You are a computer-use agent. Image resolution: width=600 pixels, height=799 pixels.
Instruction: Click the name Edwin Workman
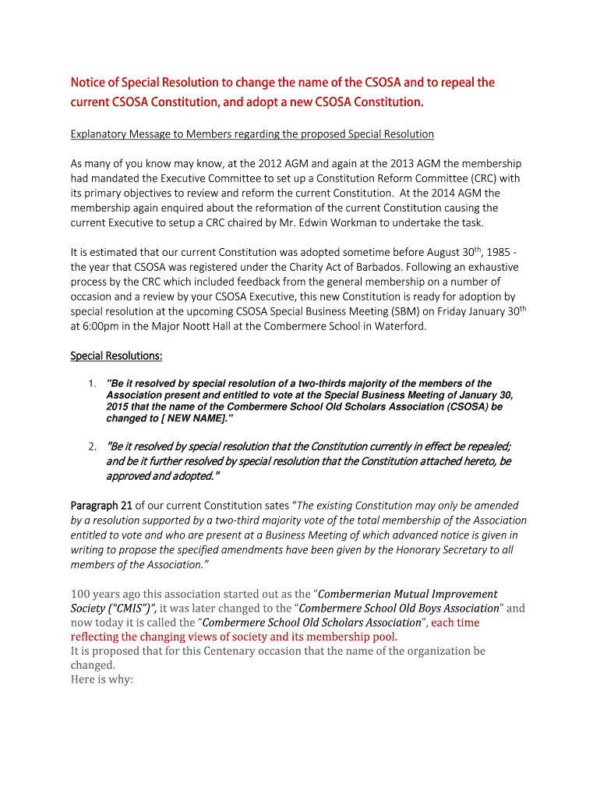[332, 223]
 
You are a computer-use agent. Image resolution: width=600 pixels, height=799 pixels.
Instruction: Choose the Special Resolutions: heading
[117, 356]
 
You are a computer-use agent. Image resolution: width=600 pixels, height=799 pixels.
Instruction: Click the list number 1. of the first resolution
[92, 383]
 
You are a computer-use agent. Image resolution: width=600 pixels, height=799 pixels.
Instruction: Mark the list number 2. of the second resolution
[92, 446]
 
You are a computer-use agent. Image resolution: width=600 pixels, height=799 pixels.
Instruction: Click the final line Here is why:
[102, 680]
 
